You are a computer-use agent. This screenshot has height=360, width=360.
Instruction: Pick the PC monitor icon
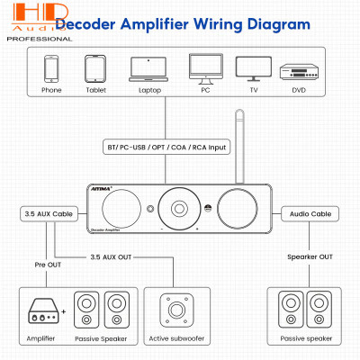pos(201,69)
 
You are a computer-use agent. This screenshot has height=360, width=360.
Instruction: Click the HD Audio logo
pos(28,19)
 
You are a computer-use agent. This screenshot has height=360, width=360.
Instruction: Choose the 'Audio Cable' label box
pos(310,214)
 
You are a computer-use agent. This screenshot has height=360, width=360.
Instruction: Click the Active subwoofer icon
pos(172,310)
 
